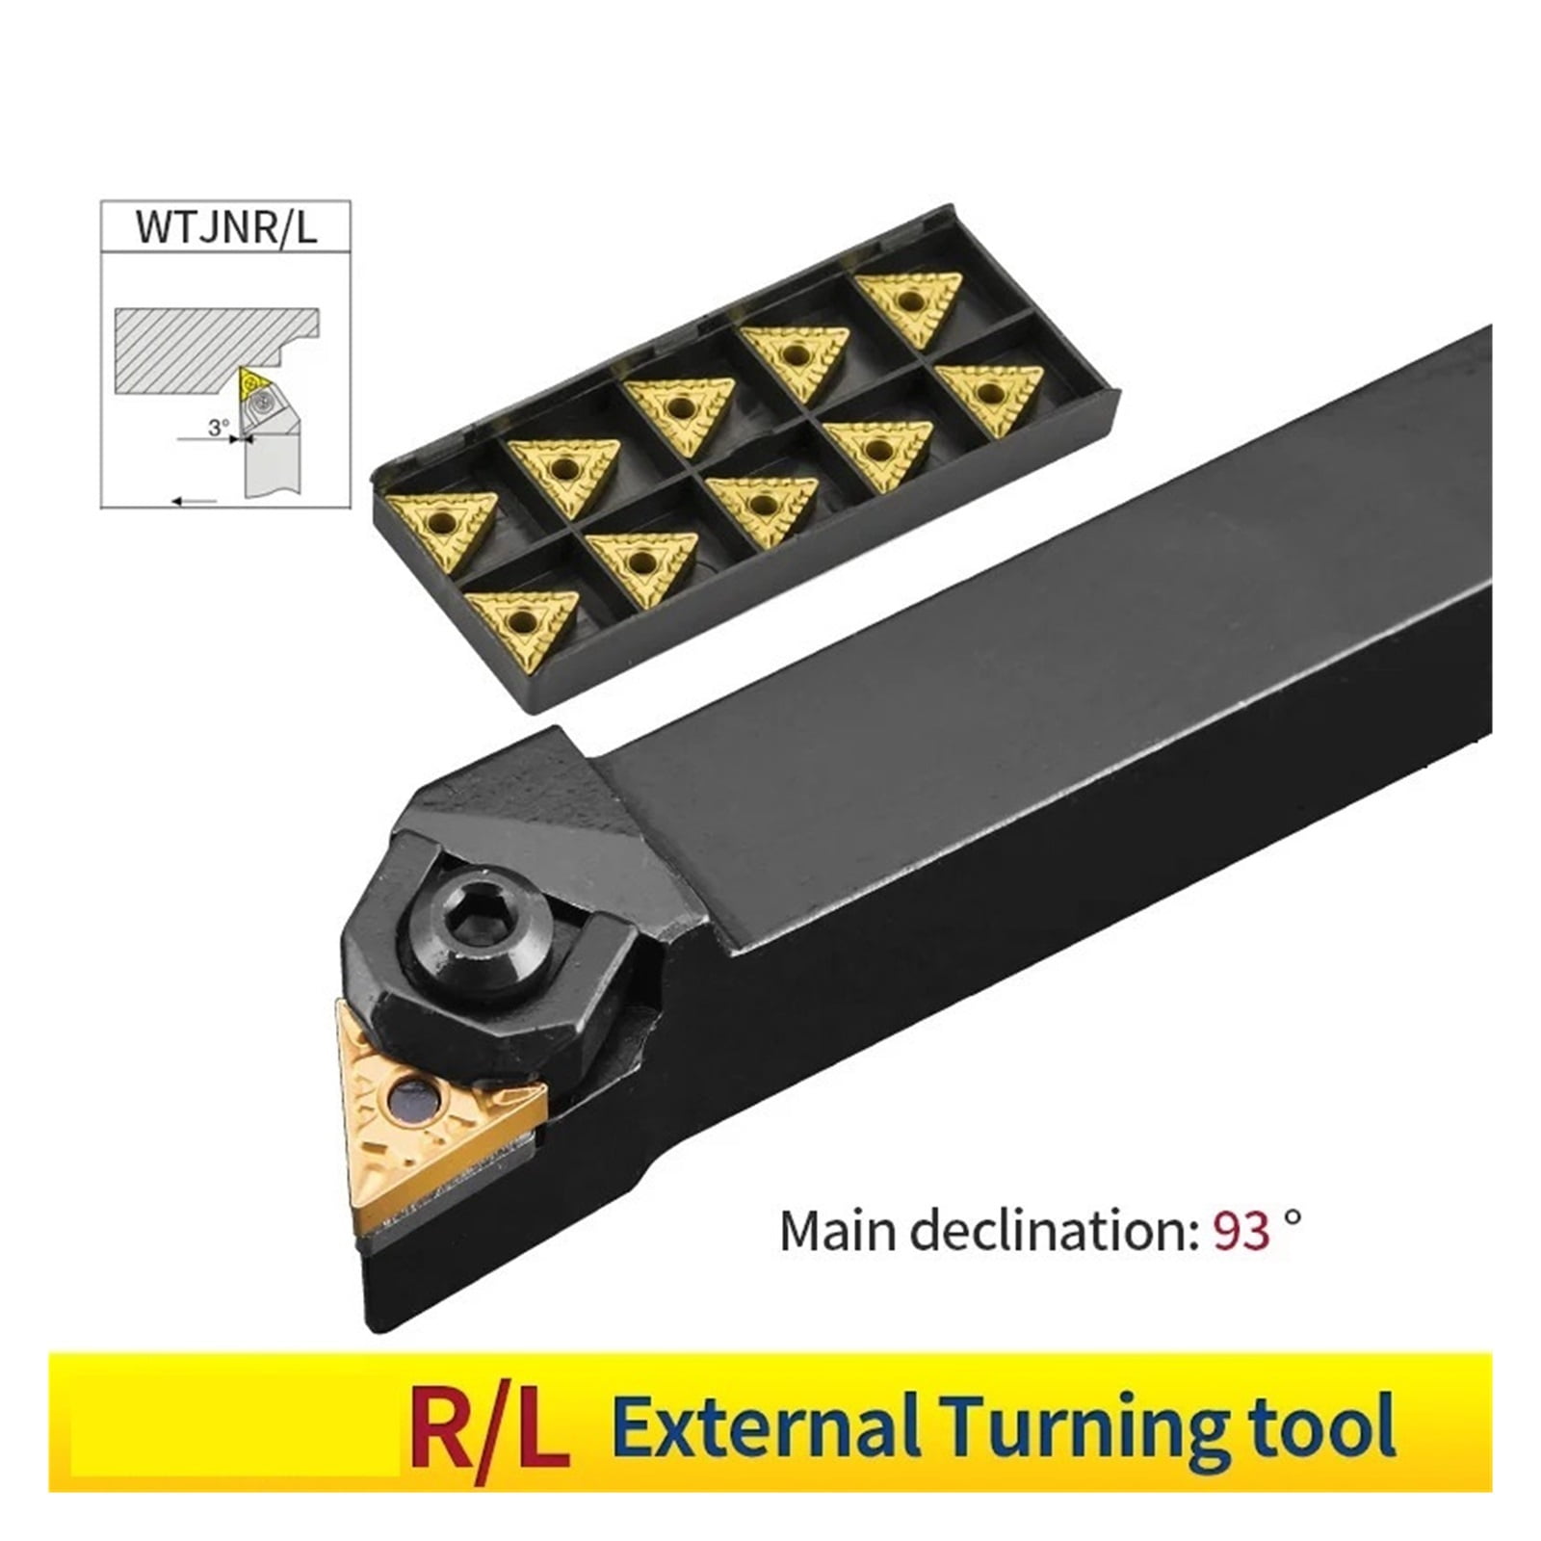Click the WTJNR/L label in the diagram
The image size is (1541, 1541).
225,226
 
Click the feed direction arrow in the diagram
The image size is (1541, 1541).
194,500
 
